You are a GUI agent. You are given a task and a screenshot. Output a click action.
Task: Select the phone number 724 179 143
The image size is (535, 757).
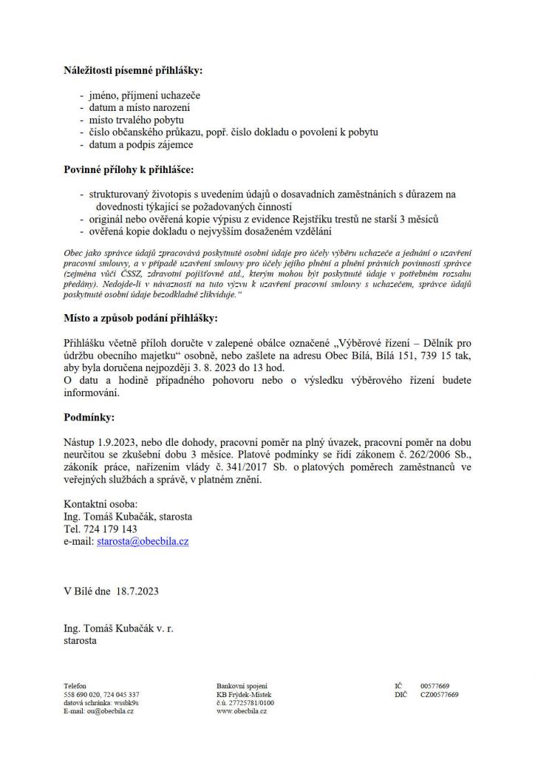(x=110, y=529)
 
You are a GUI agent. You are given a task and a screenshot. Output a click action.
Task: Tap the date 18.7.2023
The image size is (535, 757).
(x=137, y=591)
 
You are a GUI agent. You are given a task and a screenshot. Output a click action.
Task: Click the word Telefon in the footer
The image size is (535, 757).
(x=75, y=686)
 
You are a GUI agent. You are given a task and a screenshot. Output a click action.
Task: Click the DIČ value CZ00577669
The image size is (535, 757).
(x=440, y=694)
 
